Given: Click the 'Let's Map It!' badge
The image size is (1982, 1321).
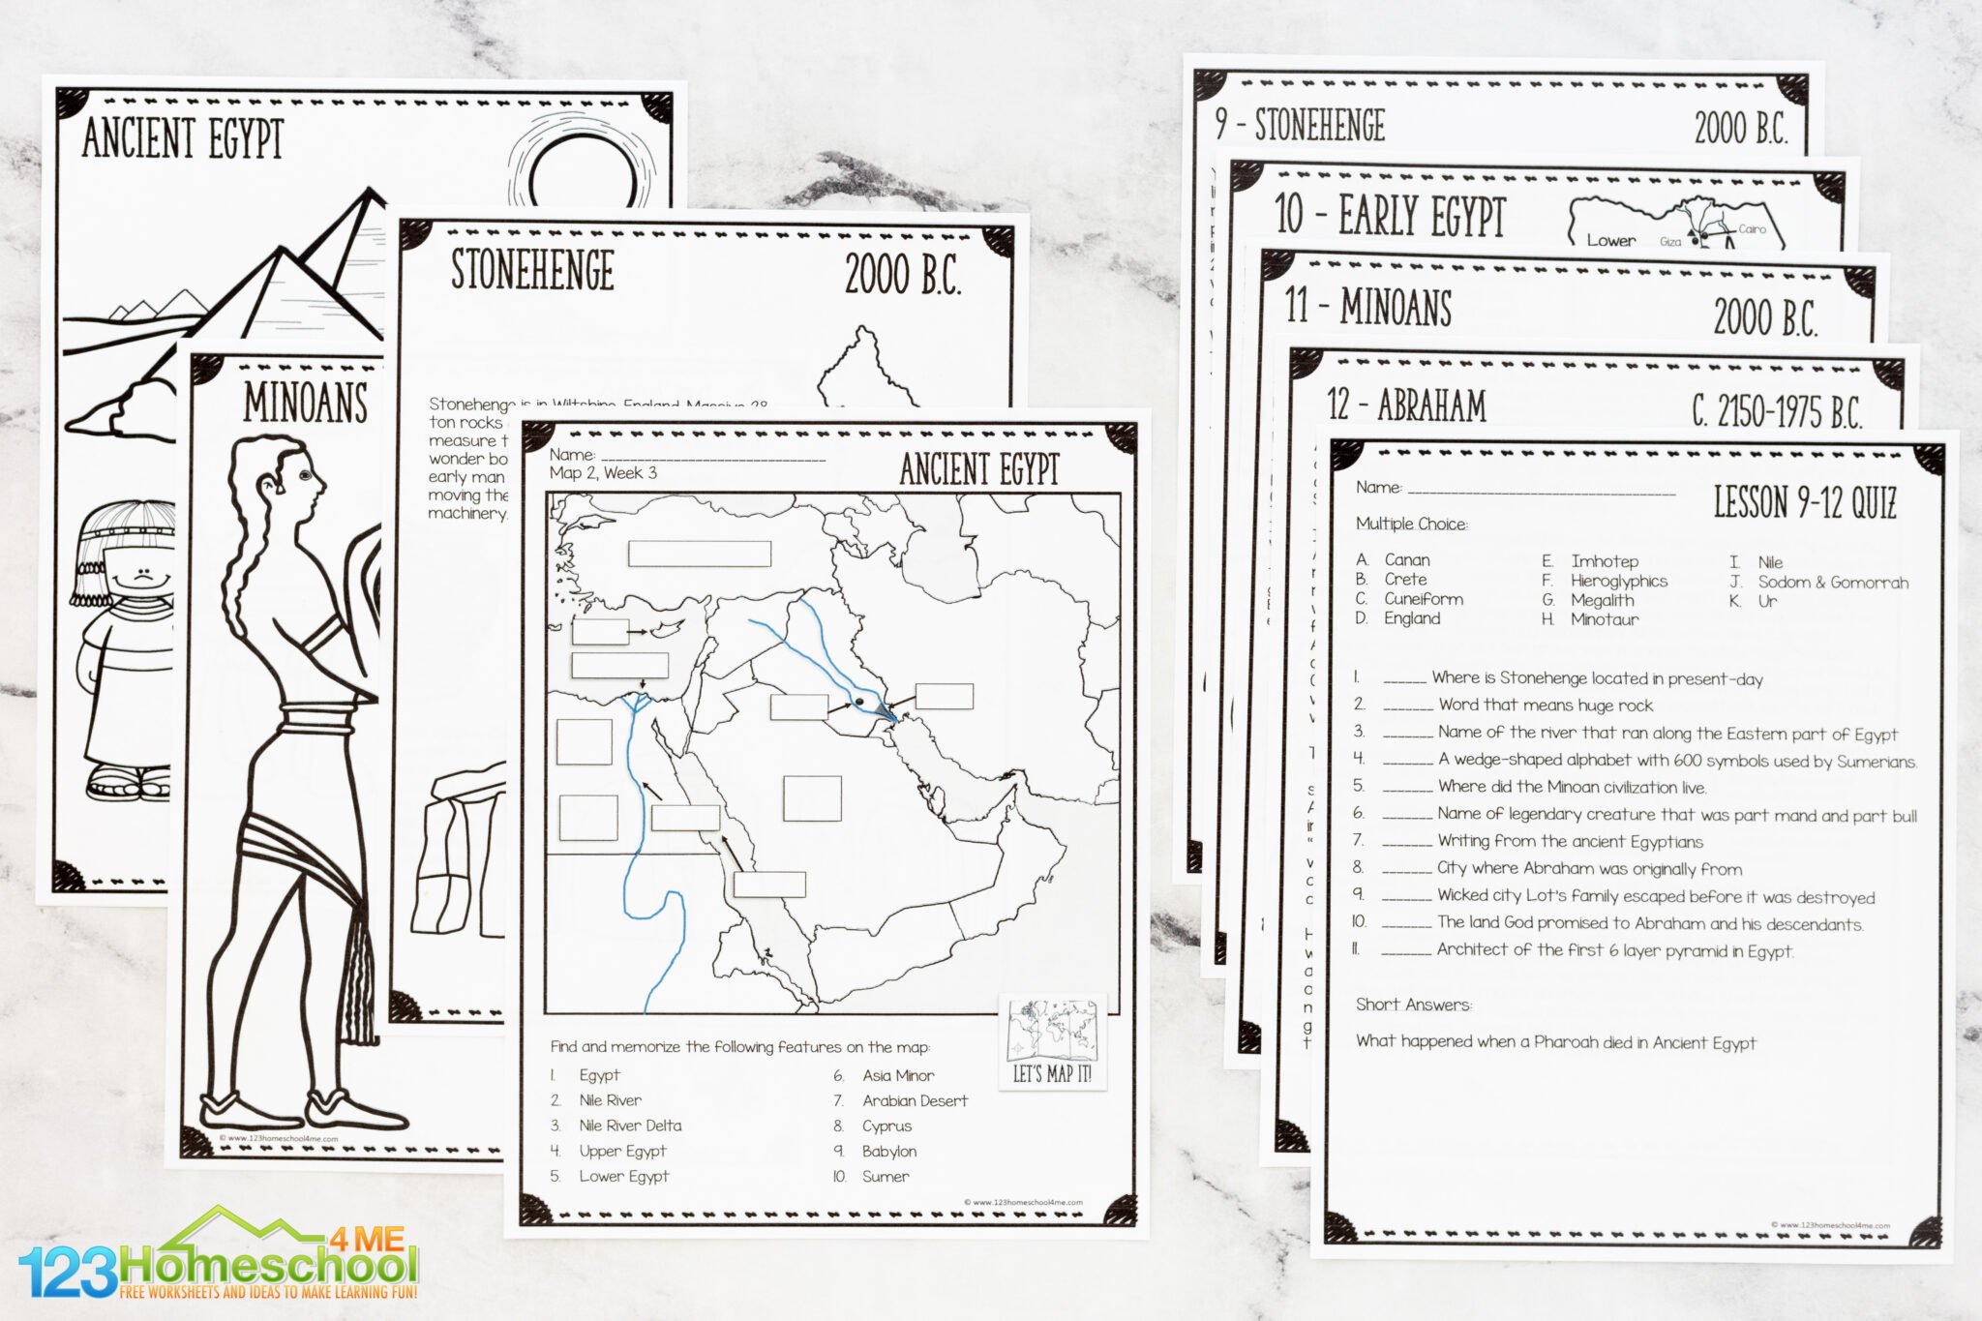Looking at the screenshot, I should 1052,1041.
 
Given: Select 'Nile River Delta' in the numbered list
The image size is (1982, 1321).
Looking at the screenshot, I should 630,1126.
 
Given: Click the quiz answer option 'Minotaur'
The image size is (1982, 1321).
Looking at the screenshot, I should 1605,619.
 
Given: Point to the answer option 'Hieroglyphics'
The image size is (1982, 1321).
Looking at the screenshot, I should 1619,581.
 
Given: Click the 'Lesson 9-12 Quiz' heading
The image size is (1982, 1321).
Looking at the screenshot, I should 1805,502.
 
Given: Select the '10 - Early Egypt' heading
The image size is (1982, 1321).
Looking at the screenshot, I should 1390,215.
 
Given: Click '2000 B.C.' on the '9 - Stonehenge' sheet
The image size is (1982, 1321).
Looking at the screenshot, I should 1740,128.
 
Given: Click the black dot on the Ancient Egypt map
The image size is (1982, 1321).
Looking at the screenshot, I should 859,701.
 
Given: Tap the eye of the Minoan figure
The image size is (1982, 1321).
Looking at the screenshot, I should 305,476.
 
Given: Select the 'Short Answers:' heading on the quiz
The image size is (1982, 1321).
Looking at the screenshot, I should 1413,1005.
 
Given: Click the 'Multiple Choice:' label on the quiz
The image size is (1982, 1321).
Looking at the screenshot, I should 1411,524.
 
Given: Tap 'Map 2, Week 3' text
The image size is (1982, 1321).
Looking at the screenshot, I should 603,473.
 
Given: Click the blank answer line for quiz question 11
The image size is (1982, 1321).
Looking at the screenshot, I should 1406,952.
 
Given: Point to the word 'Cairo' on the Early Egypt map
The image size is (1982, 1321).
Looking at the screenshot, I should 1752,229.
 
